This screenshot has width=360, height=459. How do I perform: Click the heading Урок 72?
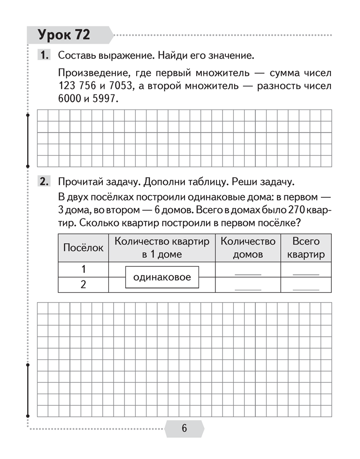(x=64, y=35)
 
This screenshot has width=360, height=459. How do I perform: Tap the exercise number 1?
(x=45, y=55)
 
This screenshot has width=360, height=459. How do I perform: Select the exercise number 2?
(x=45, y=181)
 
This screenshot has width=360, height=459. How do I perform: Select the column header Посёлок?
(x=83, y=248)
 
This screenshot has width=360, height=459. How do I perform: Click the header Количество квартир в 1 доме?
(x=162, y=248)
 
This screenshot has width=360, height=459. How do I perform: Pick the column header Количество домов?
(x=248, y=248)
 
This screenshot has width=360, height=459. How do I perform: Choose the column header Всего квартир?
(x=306, y=248)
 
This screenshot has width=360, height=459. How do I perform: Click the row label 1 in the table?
(x=84, y=270)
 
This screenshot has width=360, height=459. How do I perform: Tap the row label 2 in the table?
(x=84, y=285)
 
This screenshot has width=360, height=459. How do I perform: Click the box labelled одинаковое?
(x=162, y=277)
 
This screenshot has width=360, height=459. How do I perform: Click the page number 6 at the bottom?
(x=184, y=428)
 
